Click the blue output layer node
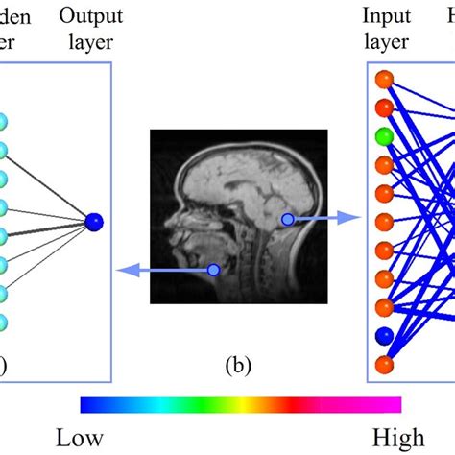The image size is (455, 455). (x=93, y=222)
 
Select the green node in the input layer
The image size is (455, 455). (x=384, y=136)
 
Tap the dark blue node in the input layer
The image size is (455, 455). (x=384, y=337)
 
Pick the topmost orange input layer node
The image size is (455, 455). (x=384, y=79)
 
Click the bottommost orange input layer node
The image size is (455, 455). (x=384, y=365)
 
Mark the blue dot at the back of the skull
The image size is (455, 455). (x=286, y=220)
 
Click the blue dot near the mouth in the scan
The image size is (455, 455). (x=213, y=272)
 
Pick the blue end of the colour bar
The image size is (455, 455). (x=86, y=403)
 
